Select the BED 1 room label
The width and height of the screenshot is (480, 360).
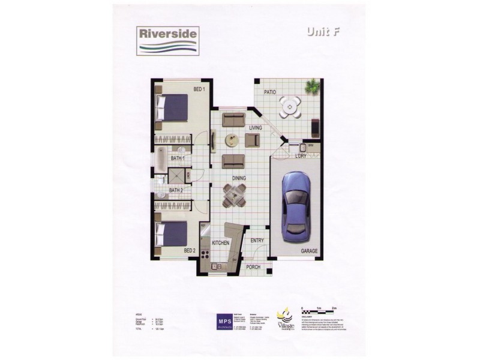[x=199, y=90]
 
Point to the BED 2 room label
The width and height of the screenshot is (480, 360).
[x=190, y=251]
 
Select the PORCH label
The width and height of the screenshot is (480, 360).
[x=253, y=267]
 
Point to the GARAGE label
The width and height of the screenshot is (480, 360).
[x=310, y=251]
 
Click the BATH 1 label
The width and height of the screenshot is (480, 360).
[x=178, y=158]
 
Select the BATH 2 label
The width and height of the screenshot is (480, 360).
[x=175, y=191]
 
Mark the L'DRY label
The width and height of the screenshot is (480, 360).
[x=301, y=156]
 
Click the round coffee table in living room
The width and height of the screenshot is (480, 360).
[x=231, y=140]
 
